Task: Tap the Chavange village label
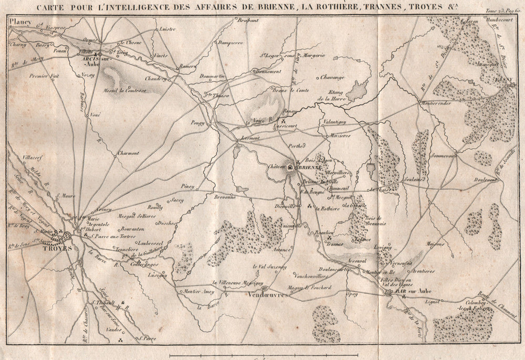[x=332, y=77]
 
